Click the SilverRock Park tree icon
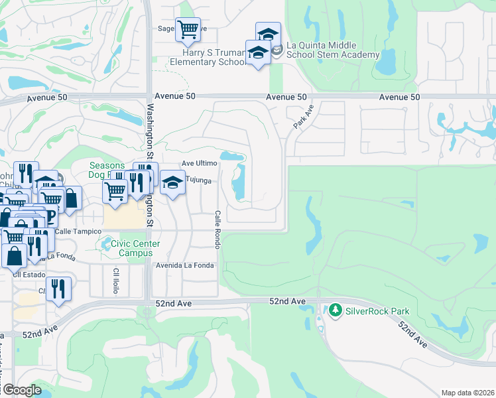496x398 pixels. click(336, 310)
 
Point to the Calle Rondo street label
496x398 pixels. click(217, 230)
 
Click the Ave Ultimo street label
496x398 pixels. click(200, 163)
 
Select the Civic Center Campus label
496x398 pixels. click(131, 248)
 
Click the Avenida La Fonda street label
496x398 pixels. click(185, 265)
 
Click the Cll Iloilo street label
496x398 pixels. click(115, 281)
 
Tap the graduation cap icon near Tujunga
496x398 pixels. click(173, 182)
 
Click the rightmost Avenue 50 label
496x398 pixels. click(400, 97)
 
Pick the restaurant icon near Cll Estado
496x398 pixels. click(59, 288)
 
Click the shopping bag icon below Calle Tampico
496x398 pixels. click(14, 255)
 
